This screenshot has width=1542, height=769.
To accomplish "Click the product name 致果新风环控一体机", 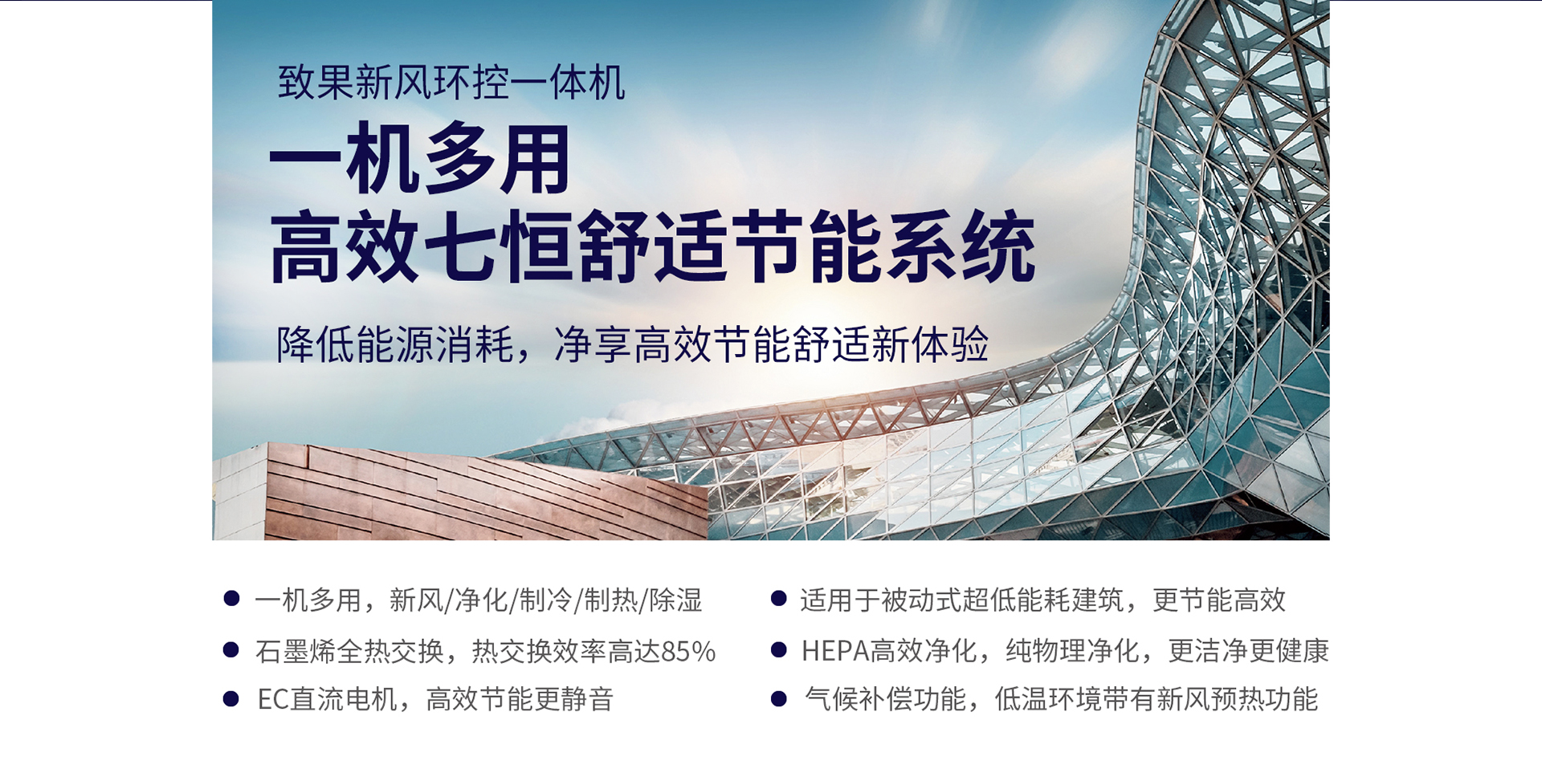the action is click(451, 83).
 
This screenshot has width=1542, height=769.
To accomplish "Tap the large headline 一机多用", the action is click(419, 159).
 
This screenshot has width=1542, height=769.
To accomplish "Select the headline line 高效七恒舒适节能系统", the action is click(652, 247).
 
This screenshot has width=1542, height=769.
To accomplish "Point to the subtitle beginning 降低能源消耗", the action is click(632, 344).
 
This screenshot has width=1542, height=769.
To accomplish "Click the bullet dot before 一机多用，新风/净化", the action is click(231, 598).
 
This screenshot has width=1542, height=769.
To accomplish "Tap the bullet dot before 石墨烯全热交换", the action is click(231, 649).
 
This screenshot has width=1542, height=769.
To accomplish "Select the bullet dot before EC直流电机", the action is click(231, 698).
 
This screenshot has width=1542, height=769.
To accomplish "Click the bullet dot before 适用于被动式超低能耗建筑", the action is click(778, 598).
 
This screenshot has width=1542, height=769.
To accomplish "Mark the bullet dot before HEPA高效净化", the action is click(778, 649).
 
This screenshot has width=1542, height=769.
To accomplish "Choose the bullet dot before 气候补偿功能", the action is click(778, 698).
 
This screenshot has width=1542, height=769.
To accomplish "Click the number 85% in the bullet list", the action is click(688, 651).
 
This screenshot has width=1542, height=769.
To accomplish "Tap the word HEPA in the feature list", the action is click(834, 651).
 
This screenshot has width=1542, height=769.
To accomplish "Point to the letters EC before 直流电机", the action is click(272, 700).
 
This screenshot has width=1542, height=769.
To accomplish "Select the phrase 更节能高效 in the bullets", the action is click(1219, 600).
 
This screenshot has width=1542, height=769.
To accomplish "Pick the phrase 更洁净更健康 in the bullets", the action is click(1248, 651).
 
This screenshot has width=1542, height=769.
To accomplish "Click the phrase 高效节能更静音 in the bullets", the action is click(520, 700).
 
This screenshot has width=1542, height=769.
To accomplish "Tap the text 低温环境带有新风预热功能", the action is click(1156, 700).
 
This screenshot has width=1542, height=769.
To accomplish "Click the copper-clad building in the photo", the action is click(482, 494).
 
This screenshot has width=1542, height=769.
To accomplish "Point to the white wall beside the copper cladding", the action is click(239, 498).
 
